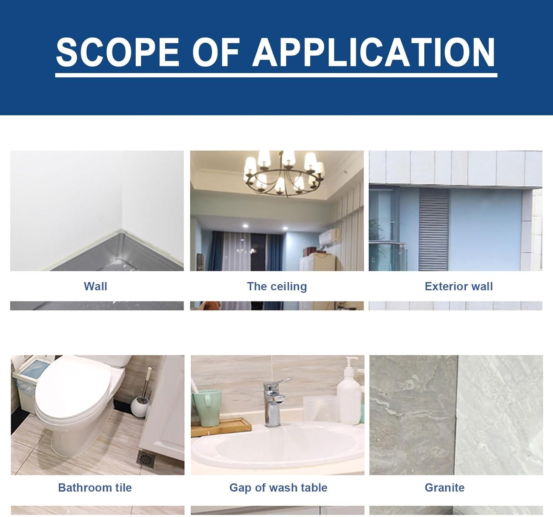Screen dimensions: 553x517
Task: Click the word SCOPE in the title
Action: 117,52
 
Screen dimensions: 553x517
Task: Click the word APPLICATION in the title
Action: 373,52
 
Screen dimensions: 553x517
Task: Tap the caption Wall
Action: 95,287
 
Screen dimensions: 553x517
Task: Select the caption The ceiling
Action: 277,287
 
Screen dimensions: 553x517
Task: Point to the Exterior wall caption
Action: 459,287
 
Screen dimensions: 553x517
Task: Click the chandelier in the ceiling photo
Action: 284,174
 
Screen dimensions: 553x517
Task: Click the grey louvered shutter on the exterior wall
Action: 434,229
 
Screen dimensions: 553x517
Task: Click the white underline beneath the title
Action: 276,75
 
